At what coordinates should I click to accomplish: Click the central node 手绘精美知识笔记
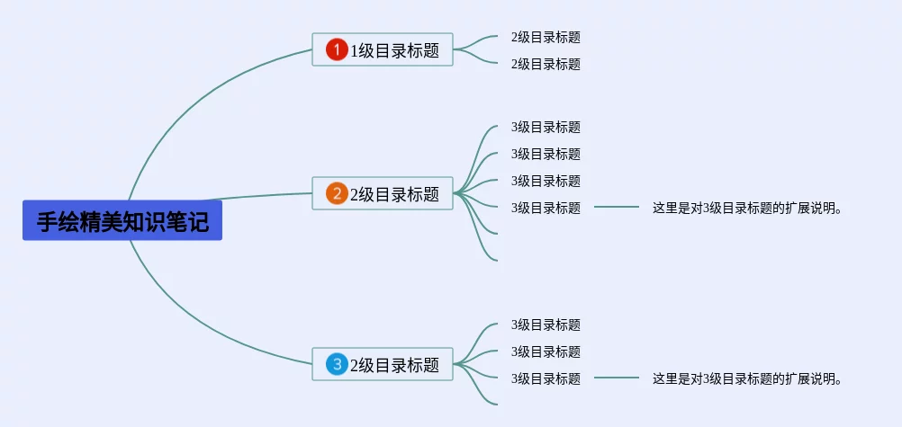tap(122, 221)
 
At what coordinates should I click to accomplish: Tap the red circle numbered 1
tap(337, 49)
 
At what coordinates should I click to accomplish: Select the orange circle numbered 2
tap(337, 193)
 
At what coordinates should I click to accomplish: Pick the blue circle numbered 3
tap(337, 364)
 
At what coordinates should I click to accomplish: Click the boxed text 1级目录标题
tap(395, 50)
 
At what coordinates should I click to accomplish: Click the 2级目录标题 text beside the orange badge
tap(395, 194)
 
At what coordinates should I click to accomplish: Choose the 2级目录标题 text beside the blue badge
tap(395, 365)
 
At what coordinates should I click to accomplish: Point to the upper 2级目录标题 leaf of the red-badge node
tap(546, 37)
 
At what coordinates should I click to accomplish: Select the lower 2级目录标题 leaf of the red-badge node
tap(546, 64)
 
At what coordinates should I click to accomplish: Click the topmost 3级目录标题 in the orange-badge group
tap(546, 127)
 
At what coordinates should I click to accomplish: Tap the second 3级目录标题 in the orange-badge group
tap(546, 154)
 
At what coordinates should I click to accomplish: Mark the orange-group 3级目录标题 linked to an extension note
tap(546, 208)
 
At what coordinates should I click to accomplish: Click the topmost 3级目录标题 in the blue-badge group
tap(546, 325)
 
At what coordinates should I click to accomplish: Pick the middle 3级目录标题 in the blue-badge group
tap(546, 351)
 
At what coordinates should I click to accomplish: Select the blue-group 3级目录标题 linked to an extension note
tap(546, 378)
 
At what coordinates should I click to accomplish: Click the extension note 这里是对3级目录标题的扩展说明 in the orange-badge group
tap(747, 208)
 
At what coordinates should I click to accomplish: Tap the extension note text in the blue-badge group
tap(747, 378)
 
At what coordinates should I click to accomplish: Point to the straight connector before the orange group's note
tap(617, 208)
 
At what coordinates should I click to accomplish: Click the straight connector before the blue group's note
tap(617, 378)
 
